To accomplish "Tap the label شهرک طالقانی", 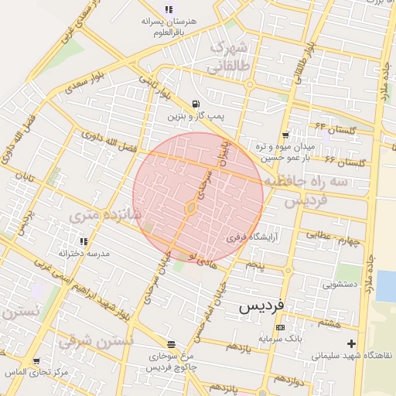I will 229,56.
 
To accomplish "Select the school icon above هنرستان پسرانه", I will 169,9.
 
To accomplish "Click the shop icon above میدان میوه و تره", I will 285,135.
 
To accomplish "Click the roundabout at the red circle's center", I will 190,207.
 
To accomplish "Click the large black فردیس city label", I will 261,306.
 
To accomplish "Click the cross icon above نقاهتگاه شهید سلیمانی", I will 352,343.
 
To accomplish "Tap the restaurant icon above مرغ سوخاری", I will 171,344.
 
